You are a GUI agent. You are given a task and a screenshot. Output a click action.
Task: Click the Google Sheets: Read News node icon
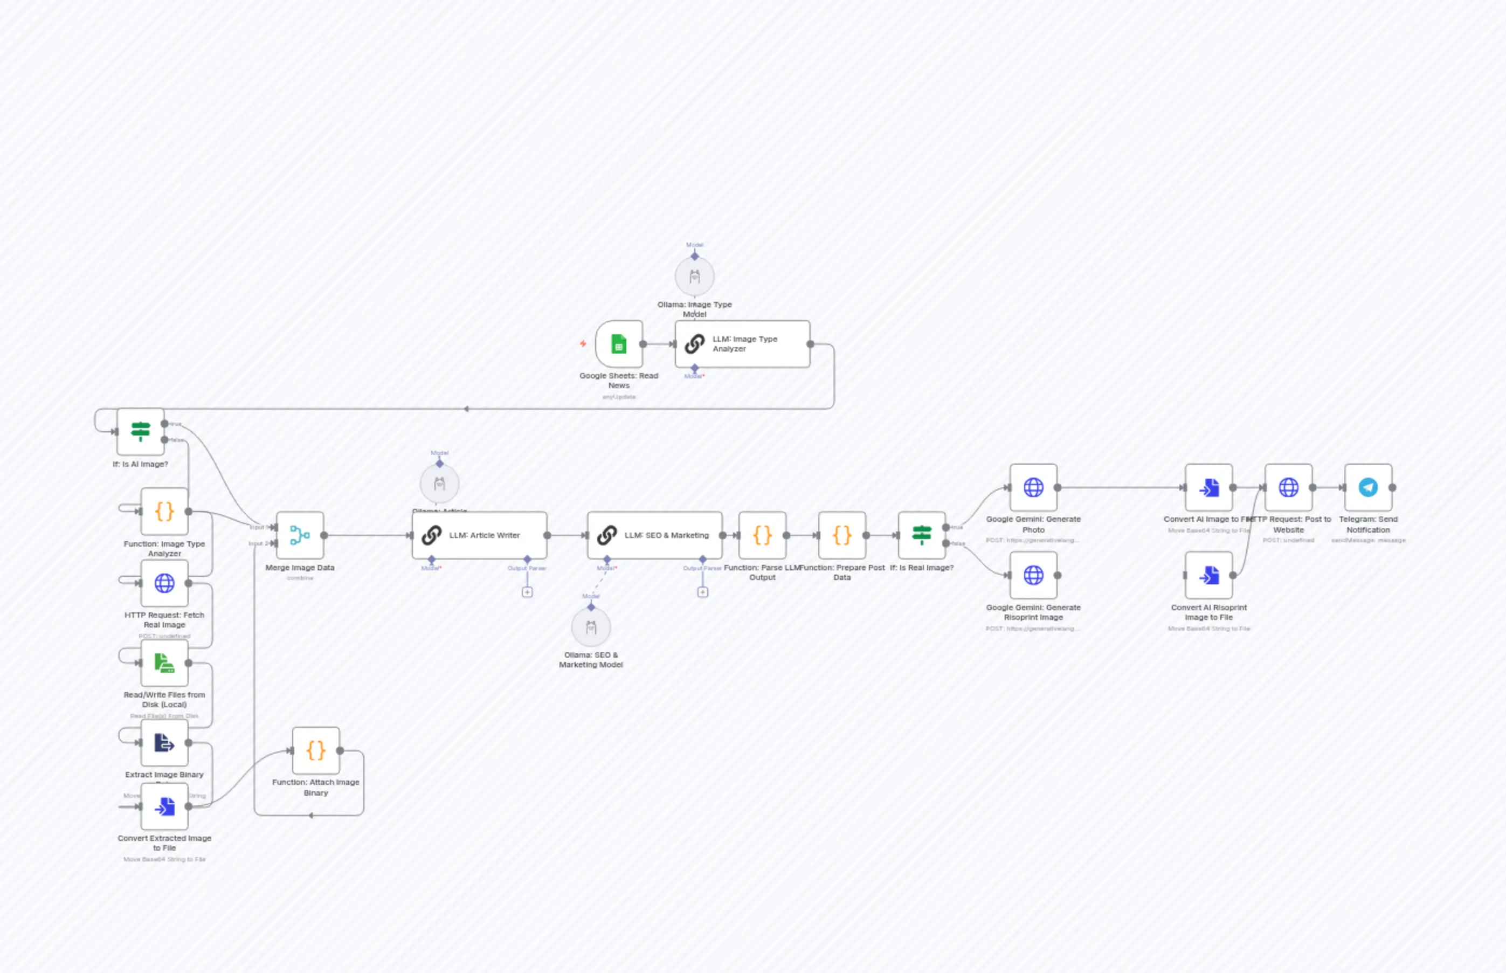pos(618,344)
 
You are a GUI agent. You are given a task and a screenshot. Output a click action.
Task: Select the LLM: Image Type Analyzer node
pos(742,344)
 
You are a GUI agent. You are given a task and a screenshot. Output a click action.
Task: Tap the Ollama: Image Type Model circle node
pos(694,277)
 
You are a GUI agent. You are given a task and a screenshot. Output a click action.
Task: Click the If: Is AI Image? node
pos(140,432)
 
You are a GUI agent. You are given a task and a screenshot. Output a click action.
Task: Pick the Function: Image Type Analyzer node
pos(164,511)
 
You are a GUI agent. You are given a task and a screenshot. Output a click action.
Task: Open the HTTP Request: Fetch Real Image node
pos(164,583)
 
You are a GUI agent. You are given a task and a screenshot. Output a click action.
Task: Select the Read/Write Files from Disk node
pos(164,663)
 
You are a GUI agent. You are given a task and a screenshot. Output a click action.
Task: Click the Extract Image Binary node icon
pos(164,742)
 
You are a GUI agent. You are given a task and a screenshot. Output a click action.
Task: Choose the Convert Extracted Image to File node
pos(164,806)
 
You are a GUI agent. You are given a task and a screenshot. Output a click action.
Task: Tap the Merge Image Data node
pos(300,535)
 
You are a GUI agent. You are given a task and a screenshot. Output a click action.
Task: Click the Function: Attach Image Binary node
pos(316,750)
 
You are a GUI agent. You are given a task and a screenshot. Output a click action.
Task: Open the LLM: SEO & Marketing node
pos(654,535)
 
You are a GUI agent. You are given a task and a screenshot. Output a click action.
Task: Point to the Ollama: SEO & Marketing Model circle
pos(591,627)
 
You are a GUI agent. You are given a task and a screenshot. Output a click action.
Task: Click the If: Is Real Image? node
pos(922,535)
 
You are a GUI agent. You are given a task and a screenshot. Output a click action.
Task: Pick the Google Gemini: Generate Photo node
pos(1033,487)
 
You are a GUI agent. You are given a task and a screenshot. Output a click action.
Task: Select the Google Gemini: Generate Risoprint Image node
pos(1033,575)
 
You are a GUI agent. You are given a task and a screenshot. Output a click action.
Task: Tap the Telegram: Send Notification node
pos(1369,487)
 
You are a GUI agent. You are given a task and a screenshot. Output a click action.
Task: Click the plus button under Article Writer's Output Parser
pos(527,592)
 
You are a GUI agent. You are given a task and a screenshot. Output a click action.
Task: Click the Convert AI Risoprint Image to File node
pos(1208,575)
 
